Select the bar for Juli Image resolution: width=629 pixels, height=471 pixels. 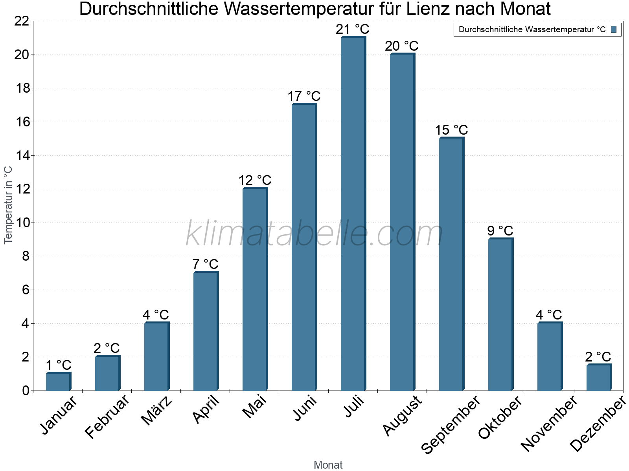pos(353,214)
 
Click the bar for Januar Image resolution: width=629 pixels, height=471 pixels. pos(58,382)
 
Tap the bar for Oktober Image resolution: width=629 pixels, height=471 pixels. pos(500,314)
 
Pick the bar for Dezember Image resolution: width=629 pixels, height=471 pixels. pos(599,378)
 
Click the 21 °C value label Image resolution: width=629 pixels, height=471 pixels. pos(353,29)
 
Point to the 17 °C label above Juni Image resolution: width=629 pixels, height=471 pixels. pos(304,96)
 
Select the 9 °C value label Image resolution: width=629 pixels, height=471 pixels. pos(500,230)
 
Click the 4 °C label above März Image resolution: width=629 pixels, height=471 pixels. pos(156,314)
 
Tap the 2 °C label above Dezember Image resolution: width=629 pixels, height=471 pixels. pos(598,356)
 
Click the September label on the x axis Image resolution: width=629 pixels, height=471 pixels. pos(451,424)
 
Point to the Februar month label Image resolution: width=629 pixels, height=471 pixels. pos(107,416)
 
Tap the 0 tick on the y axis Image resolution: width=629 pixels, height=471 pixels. pos(26,391)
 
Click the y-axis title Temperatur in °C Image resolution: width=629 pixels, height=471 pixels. pos(8,205)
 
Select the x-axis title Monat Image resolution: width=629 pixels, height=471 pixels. pos(328,465)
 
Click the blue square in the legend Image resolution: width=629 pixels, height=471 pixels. pos(614,29)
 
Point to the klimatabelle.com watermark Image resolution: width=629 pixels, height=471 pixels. pos(314,234)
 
